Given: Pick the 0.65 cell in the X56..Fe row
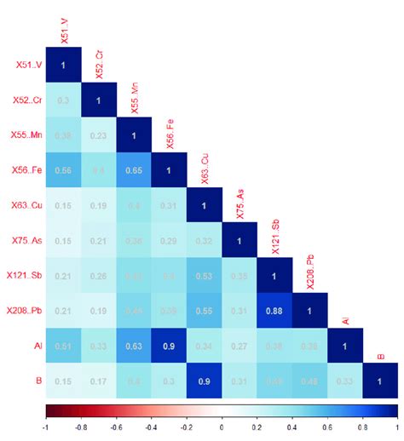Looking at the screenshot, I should (x=133, y=170).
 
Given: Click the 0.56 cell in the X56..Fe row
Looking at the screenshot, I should (x=63, y=170).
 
